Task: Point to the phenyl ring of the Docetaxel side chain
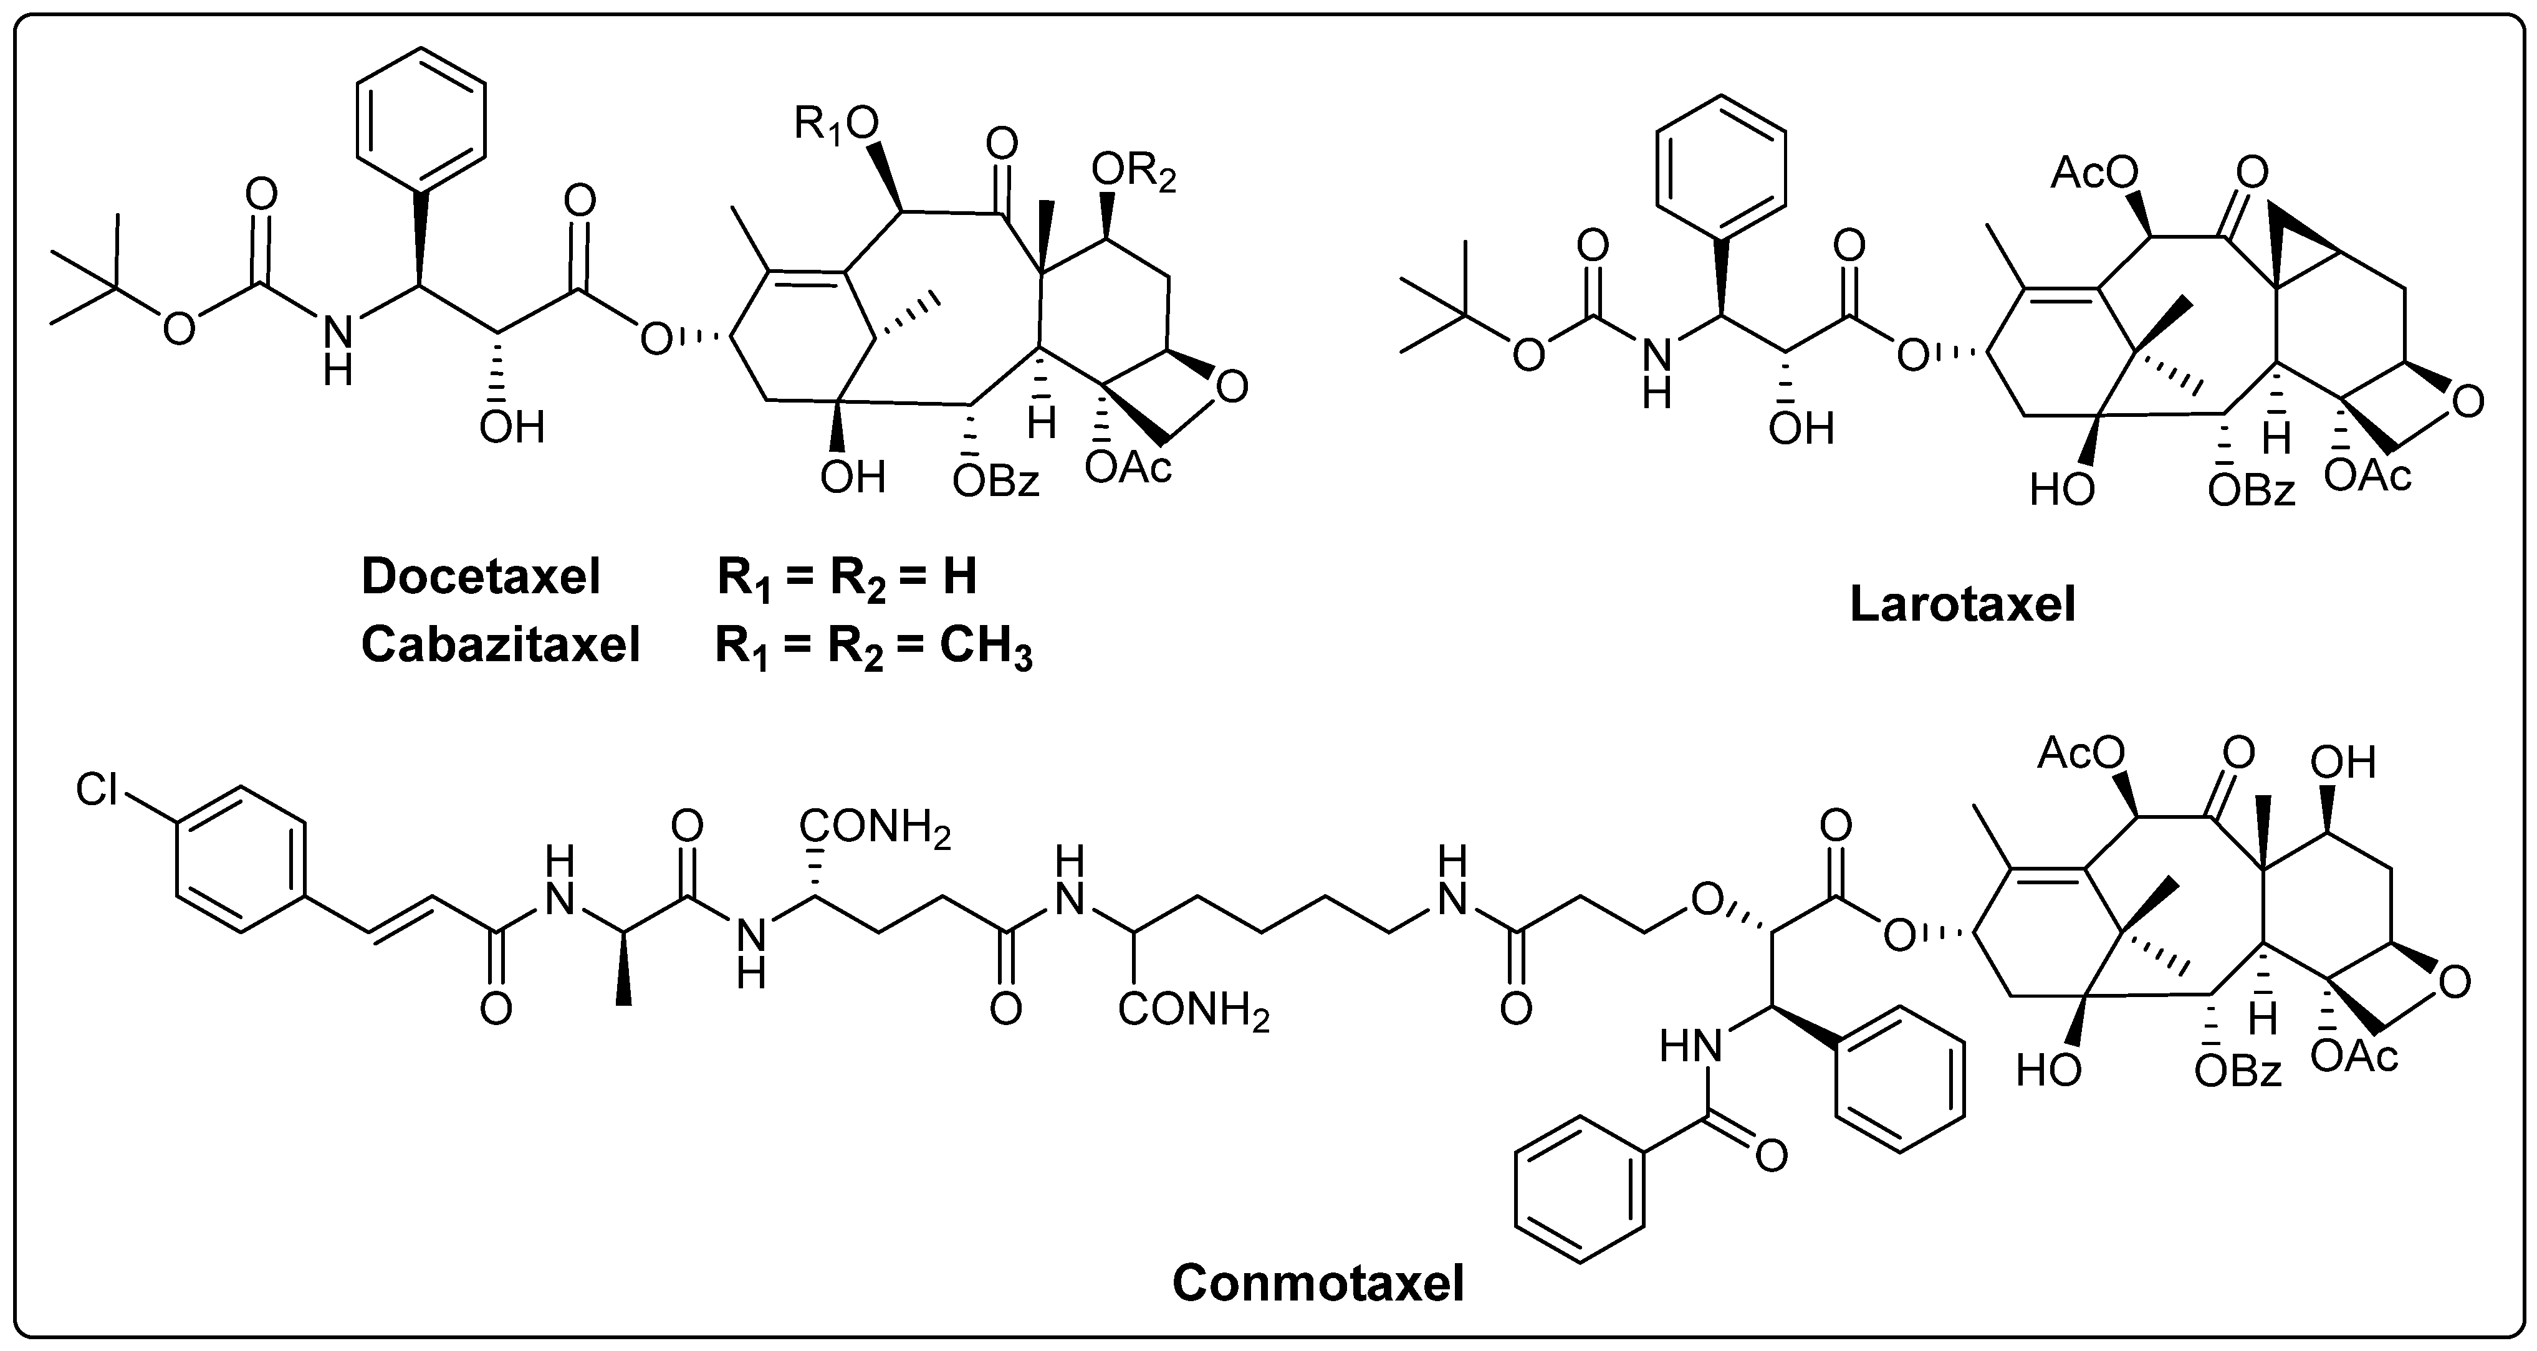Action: click(421, 119)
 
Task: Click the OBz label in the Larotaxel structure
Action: click(2250, 490)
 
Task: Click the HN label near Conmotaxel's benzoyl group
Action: click(1691, 1048)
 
